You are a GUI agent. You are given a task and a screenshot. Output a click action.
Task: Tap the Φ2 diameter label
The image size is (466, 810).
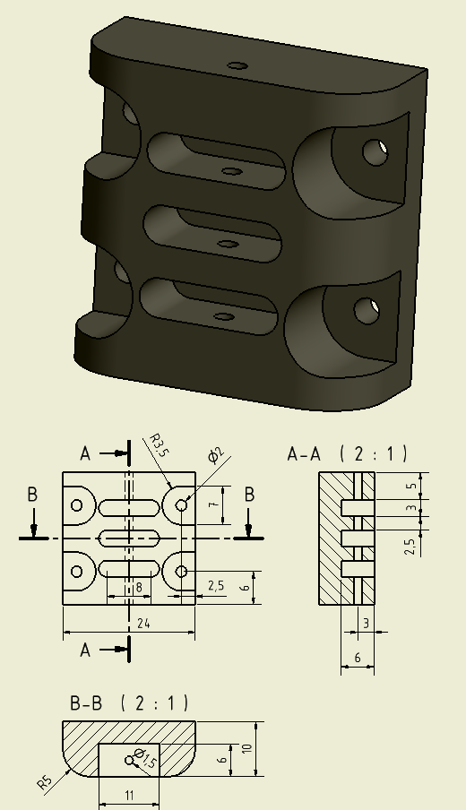[216, 455]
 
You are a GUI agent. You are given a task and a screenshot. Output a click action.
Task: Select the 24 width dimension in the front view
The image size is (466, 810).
[143, 624]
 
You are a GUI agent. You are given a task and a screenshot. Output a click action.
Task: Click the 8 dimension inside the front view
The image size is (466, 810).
[139, 588]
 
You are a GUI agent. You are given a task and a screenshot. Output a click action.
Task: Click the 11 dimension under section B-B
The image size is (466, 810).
[129, 795]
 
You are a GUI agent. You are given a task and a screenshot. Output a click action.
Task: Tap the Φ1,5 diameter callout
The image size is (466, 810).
[144, 758]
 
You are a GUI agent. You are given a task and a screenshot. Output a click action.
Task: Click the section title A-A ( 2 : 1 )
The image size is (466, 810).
[347, 454]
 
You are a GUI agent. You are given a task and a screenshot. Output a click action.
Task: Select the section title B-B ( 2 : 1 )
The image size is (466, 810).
[129, 703]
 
